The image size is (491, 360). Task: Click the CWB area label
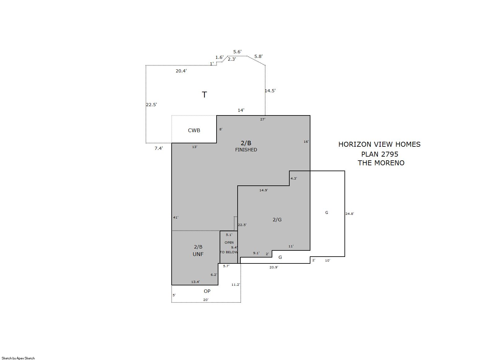[x=194, y=131]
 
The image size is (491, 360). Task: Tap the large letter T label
[x=204, y=95]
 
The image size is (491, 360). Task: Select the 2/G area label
[x=277, y=220]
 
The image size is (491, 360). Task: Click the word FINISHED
[x=246, y=150]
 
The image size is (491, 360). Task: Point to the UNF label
[x=198, y=254]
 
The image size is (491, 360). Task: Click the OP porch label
[x=207, y=291]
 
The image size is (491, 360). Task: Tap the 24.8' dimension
[x=350, y=214]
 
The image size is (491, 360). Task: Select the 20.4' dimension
[x=181, y=71]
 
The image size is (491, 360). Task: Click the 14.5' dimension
[x=270, y=91]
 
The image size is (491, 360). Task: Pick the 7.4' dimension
[x=159, y=148]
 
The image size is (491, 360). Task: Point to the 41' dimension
[x=176, y=217]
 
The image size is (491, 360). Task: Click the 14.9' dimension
[x=264, y=190]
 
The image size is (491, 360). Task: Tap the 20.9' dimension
[x=274, y=267]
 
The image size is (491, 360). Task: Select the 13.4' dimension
[x=195, y=282]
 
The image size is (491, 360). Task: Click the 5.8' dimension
[x=258, y=57]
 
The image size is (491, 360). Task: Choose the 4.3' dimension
[x=294, y=179]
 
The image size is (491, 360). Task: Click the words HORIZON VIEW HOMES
[x=379, y=144]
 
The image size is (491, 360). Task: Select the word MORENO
[x=389, y=163]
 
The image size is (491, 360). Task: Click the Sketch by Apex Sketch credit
[x=18, y=358]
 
